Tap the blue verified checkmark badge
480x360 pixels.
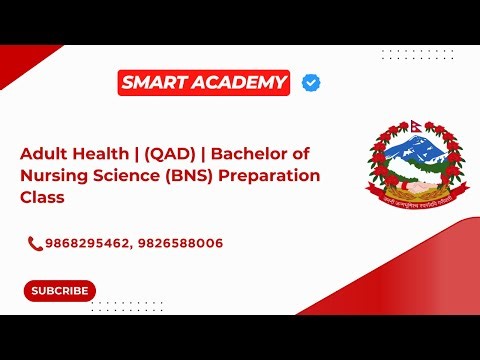pyautogui.click(x=311, y=83)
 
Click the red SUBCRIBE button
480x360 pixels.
pyautogui.click(x=60, y=291)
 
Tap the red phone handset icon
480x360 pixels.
pyautogui.click(x=35, y=243)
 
